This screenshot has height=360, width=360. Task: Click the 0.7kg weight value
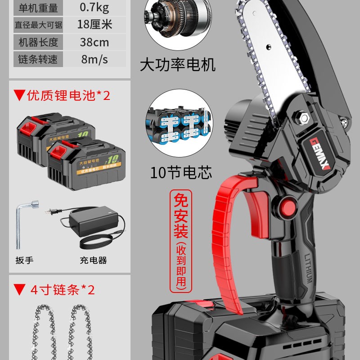(94, 7)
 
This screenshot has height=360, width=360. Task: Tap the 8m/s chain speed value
(94, 59)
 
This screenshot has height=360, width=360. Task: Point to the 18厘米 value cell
(94, 24)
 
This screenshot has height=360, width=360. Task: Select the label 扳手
(24, 260)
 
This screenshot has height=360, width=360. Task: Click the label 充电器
(93, 260)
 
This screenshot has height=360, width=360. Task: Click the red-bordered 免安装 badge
(182, 241)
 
